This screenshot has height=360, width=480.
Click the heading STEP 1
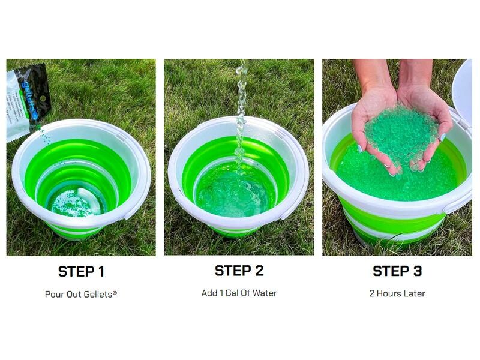81,272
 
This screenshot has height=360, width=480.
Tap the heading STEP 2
239,271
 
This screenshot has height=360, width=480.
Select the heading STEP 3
397,271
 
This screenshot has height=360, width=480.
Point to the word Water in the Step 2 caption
265,293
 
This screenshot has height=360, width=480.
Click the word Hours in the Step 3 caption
388,293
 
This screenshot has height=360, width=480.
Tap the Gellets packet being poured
28,102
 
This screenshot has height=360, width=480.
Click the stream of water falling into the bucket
241,116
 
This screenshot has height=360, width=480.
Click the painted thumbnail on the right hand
442,137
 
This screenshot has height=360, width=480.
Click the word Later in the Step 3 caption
413,293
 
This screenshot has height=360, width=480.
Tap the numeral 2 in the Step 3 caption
372,293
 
